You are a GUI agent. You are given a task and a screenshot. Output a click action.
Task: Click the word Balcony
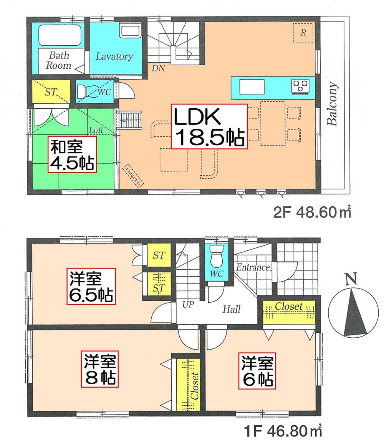(x=333, y=104)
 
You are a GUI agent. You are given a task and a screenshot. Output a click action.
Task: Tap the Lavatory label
(x=114, y=56)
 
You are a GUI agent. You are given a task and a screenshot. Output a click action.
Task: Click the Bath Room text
(x=59, y=60)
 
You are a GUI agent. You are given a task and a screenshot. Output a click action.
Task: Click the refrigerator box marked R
(x=303, y=33)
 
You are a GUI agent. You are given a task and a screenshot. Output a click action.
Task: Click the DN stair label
(x=158, y=69)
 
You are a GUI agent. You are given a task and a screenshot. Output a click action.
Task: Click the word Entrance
(x=253, y=267)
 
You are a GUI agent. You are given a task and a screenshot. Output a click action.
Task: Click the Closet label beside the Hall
(x=289, y=306)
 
